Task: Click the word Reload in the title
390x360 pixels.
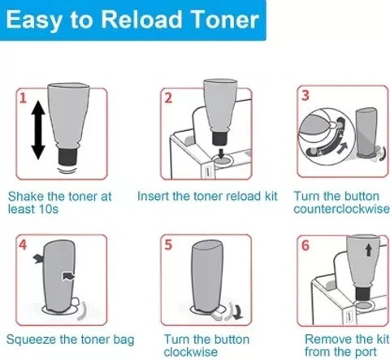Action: (141, 20)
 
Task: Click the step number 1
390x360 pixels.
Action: (23, 98)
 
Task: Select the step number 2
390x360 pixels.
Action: (168, 98)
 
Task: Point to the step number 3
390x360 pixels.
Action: (305, 95)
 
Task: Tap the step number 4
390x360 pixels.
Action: (23, 245)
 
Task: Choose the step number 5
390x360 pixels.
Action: (168, 245)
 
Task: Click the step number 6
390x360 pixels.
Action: (305, 245)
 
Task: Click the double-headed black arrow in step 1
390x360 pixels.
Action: (38, 130)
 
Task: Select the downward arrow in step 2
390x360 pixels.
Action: (222, 153)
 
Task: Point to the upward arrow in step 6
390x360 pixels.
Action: (368, 249)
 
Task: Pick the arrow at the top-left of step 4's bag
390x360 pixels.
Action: (38, 258)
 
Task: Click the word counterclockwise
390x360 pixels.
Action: (341, 209)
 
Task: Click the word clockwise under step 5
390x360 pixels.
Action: (191, 352)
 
